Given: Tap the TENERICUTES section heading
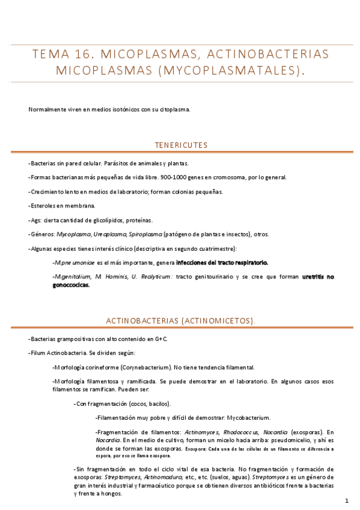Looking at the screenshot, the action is pos(181,145).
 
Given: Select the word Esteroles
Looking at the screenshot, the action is pos(44,206).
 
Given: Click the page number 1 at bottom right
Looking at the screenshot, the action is pos(347,500).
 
